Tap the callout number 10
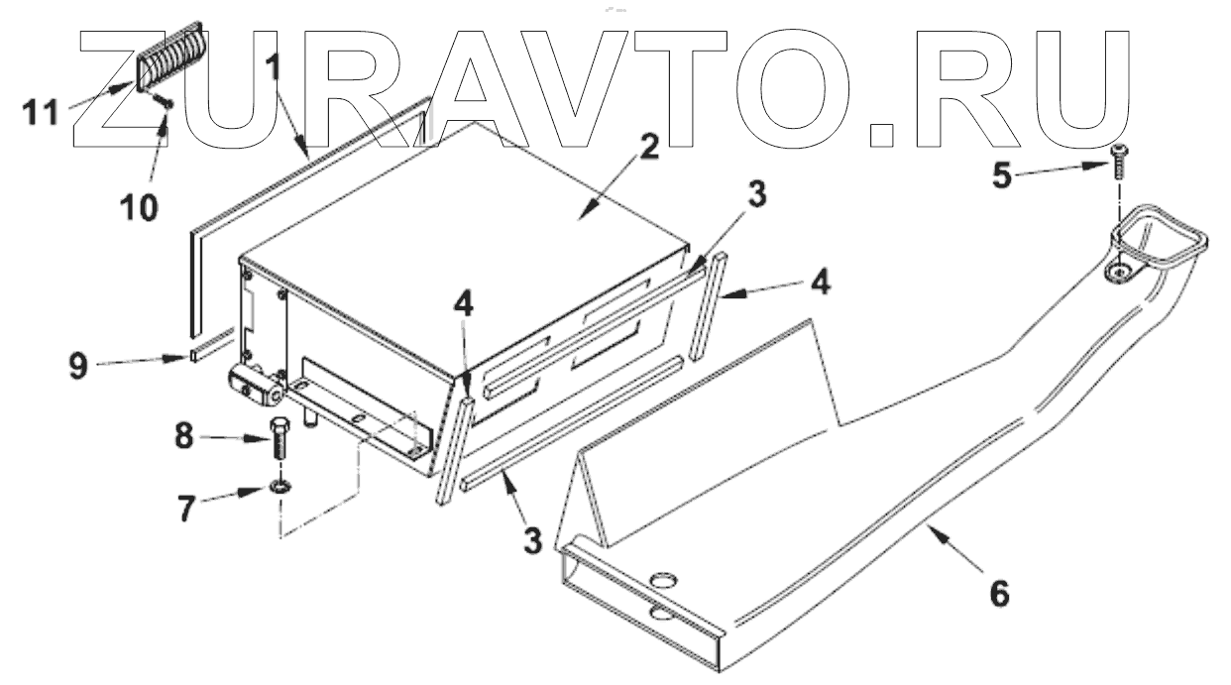[139, 207]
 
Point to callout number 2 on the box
[648, 148]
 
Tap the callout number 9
[79, 365]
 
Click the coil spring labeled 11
[169, 54]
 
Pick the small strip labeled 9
[211, 350]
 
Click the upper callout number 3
[756, 196]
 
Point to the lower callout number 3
[532, 540]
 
